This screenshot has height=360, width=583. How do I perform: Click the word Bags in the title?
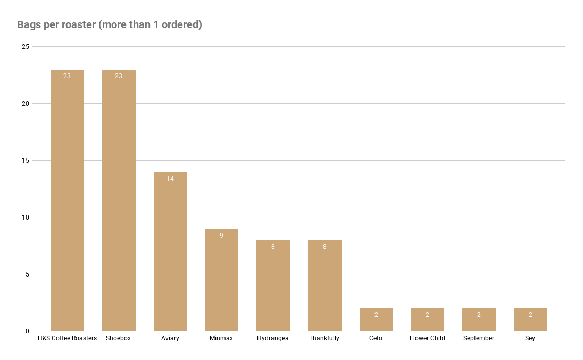pos(27,25)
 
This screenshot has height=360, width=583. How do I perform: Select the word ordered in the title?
pos(181,25)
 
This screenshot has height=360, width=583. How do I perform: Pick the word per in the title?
pos(48,26)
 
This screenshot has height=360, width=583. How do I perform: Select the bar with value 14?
pos(170,255)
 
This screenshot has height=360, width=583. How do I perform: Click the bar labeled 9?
pos(221,282)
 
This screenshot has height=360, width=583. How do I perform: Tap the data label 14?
pos(170,179)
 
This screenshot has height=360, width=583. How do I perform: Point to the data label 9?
pos(221,236)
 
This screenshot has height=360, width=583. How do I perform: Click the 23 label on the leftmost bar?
pos(67,76)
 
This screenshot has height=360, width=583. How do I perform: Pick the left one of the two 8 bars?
pos(273,287)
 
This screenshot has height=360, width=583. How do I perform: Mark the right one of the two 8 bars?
pos(324,287)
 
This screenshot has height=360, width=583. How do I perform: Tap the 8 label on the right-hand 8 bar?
pos(324,247)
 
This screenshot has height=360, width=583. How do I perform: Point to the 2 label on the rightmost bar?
pos(530,315)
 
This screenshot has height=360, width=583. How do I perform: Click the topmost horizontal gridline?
pos(298,47)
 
